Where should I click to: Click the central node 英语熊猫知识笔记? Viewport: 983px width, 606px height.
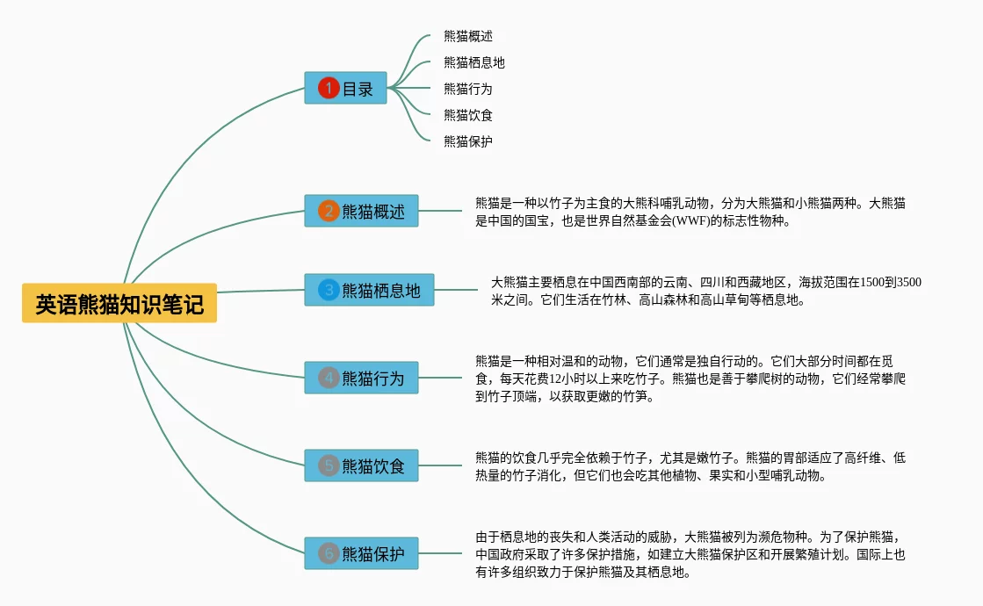point(119,304)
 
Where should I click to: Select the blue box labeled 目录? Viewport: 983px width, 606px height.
point(345,88)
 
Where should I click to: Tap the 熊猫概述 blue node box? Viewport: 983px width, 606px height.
point(361,211)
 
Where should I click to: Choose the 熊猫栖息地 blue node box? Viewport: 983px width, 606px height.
point(369,290)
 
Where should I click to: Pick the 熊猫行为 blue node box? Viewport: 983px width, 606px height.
point(361,378)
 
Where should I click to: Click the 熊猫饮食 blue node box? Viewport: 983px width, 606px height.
point(361,465)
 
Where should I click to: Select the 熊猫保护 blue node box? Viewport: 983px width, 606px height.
point(361,553)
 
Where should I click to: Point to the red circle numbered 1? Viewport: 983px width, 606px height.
point(329,88)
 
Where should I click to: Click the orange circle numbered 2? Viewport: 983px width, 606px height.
point(329,211)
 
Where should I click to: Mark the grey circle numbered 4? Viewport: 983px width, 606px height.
point(329,378)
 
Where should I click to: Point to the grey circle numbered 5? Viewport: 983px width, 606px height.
point(329,465)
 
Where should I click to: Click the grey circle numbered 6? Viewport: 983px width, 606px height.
point(329,553)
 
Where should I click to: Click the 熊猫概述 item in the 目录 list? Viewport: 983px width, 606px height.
point(468,37)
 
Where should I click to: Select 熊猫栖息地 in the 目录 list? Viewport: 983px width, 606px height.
point(474,63)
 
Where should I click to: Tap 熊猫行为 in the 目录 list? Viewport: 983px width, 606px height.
point(468,89)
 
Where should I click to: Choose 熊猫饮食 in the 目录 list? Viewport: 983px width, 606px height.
point(468,115)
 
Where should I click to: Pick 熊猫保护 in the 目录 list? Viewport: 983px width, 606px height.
point(468,141)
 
